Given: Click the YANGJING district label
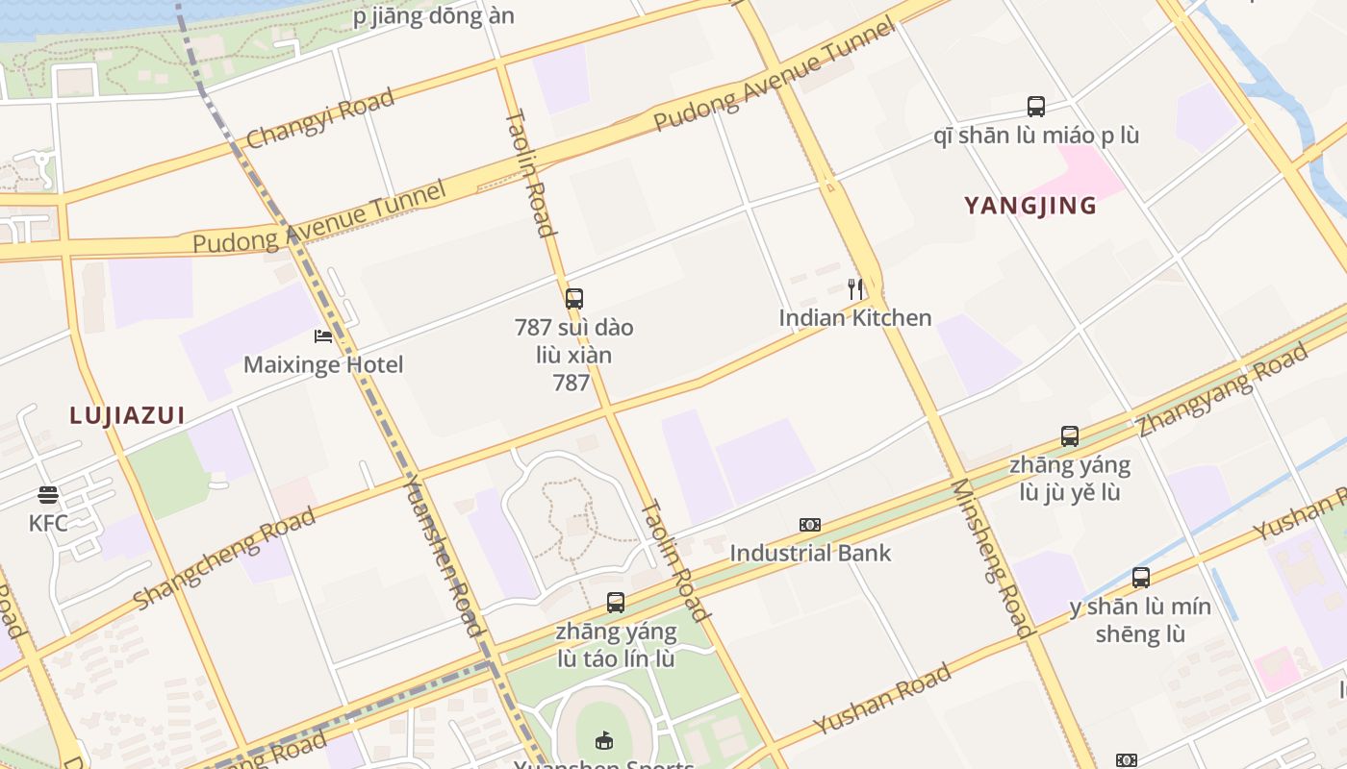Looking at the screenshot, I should (1030, 206).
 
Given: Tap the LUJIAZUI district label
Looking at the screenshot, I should (127, 415).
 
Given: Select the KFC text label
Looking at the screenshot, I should (48, 523).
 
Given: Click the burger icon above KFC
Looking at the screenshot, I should (48, 496).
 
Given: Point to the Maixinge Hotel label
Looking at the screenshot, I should (323, 364).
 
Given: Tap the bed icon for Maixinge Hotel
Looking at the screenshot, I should (323, 336).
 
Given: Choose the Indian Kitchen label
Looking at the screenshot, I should (855, 317).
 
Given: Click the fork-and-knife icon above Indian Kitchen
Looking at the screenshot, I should (854, 288).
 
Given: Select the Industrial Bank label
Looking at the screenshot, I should (810, 553).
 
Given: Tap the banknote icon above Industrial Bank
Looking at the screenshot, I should (810, 525).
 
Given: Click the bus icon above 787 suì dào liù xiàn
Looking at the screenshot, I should (574, 299).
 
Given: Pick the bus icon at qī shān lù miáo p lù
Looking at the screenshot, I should (1036, 107).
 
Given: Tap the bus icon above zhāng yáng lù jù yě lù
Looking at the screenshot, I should (1070, 436).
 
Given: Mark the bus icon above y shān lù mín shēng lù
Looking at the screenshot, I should (1141, 578).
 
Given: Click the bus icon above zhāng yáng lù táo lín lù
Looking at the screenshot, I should (616, 603).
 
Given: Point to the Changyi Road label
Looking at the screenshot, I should (320, 118).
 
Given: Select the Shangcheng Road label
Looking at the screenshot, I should (224, 558).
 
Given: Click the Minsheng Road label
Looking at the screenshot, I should (992, 558).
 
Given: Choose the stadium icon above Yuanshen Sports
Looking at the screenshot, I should (604, 740).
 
